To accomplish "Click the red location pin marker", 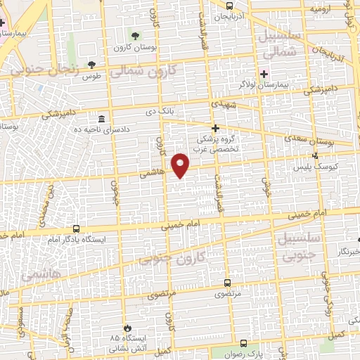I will tap(181, 165).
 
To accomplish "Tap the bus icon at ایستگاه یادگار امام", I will tap(76, 229).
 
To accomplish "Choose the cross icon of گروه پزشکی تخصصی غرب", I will tap(216, 128).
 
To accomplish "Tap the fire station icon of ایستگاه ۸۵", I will tap(127, 328).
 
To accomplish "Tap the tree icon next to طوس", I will tap(91, 65).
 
